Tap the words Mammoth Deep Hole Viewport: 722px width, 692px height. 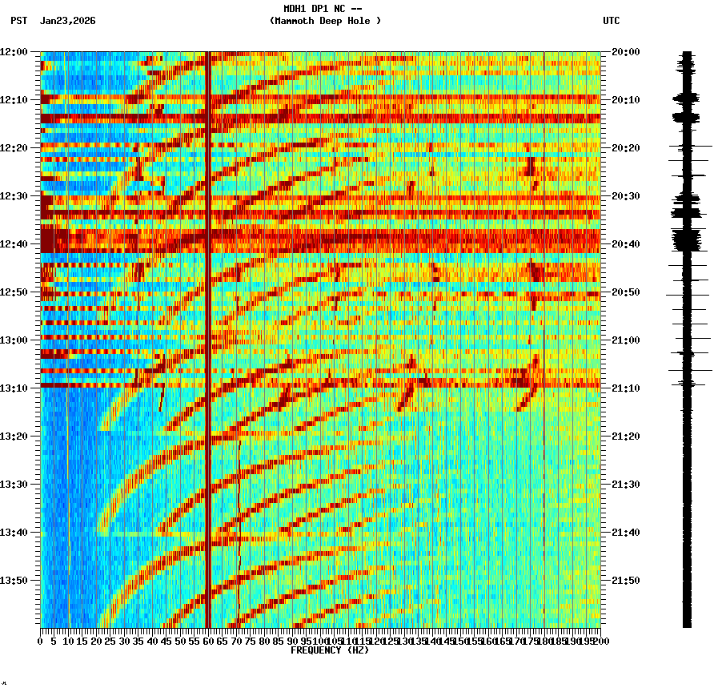(325, 21)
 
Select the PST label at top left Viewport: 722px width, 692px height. (19, 21)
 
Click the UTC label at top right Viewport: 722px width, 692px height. (611, 21)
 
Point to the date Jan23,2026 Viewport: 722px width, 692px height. (67, 21)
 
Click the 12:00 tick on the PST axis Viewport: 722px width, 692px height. (14, 52)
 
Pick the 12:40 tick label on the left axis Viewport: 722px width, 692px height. (14, 244)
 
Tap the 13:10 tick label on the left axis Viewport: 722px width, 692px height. (14, 388)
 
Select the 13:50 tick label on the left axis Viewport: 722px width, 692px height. (14, 581)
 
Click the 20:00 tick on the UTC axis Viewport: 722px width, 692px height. (626, 52)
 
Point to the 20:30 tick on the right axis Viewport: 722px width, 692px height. (626, 196)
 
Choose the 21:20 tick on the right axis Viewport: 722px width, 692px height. (626, 437)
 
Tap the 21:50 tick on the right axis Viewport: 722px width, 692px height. (626, 581)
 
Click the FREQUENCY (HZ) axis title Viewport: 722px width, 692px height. (329, 650)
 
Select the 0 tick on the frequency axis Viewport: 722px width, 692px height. (41, 641)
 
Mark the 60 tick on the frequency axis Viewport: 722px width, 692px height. (208, 641)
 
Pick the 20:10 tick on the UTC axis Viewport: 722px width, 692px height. (626, 100)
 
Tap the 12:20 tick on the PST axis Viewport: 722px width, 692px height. (14, 148)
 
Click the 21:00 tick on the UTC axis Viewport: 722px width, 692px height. (626, 340)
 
